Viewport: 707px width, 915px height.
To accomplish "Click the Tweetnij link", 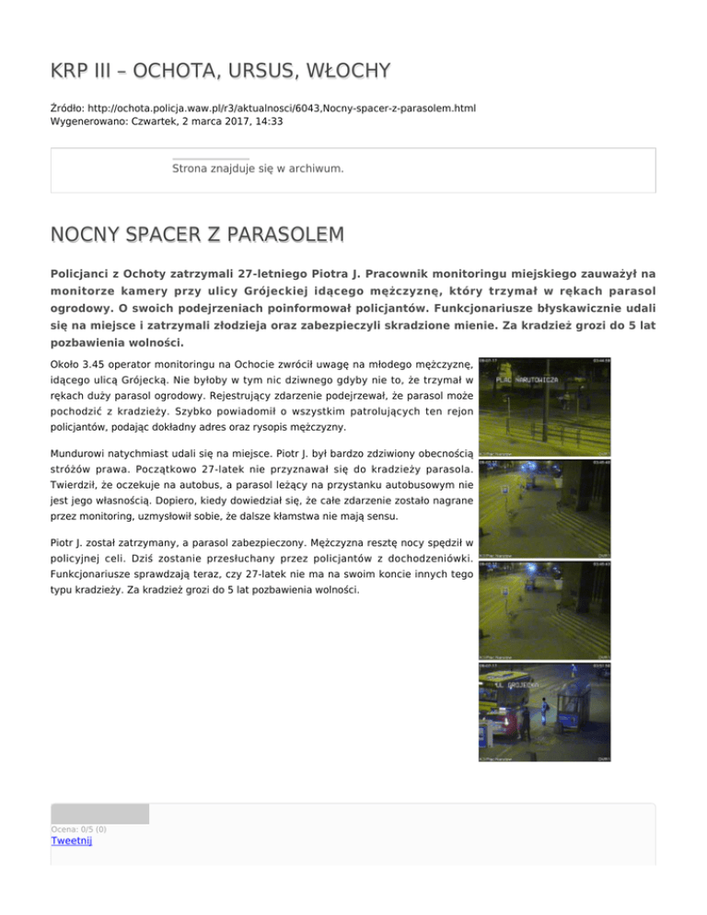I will [x=72, y=840].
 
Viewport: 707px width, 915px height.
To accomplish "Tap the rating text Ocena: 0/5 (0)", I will [x=79, y=828].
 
